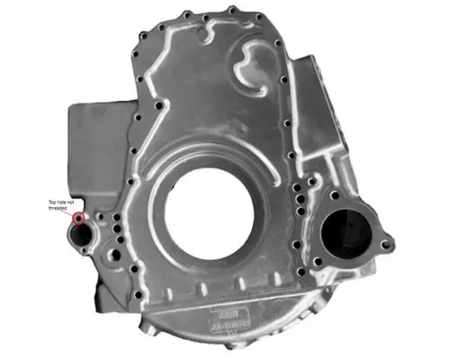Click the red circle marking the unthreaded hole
[x=79, y=218]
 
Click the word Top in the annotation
[x=53, y=201]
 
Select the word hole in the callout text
[x=65, y=201]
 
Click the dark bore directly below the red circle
[x=83, y=236]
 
